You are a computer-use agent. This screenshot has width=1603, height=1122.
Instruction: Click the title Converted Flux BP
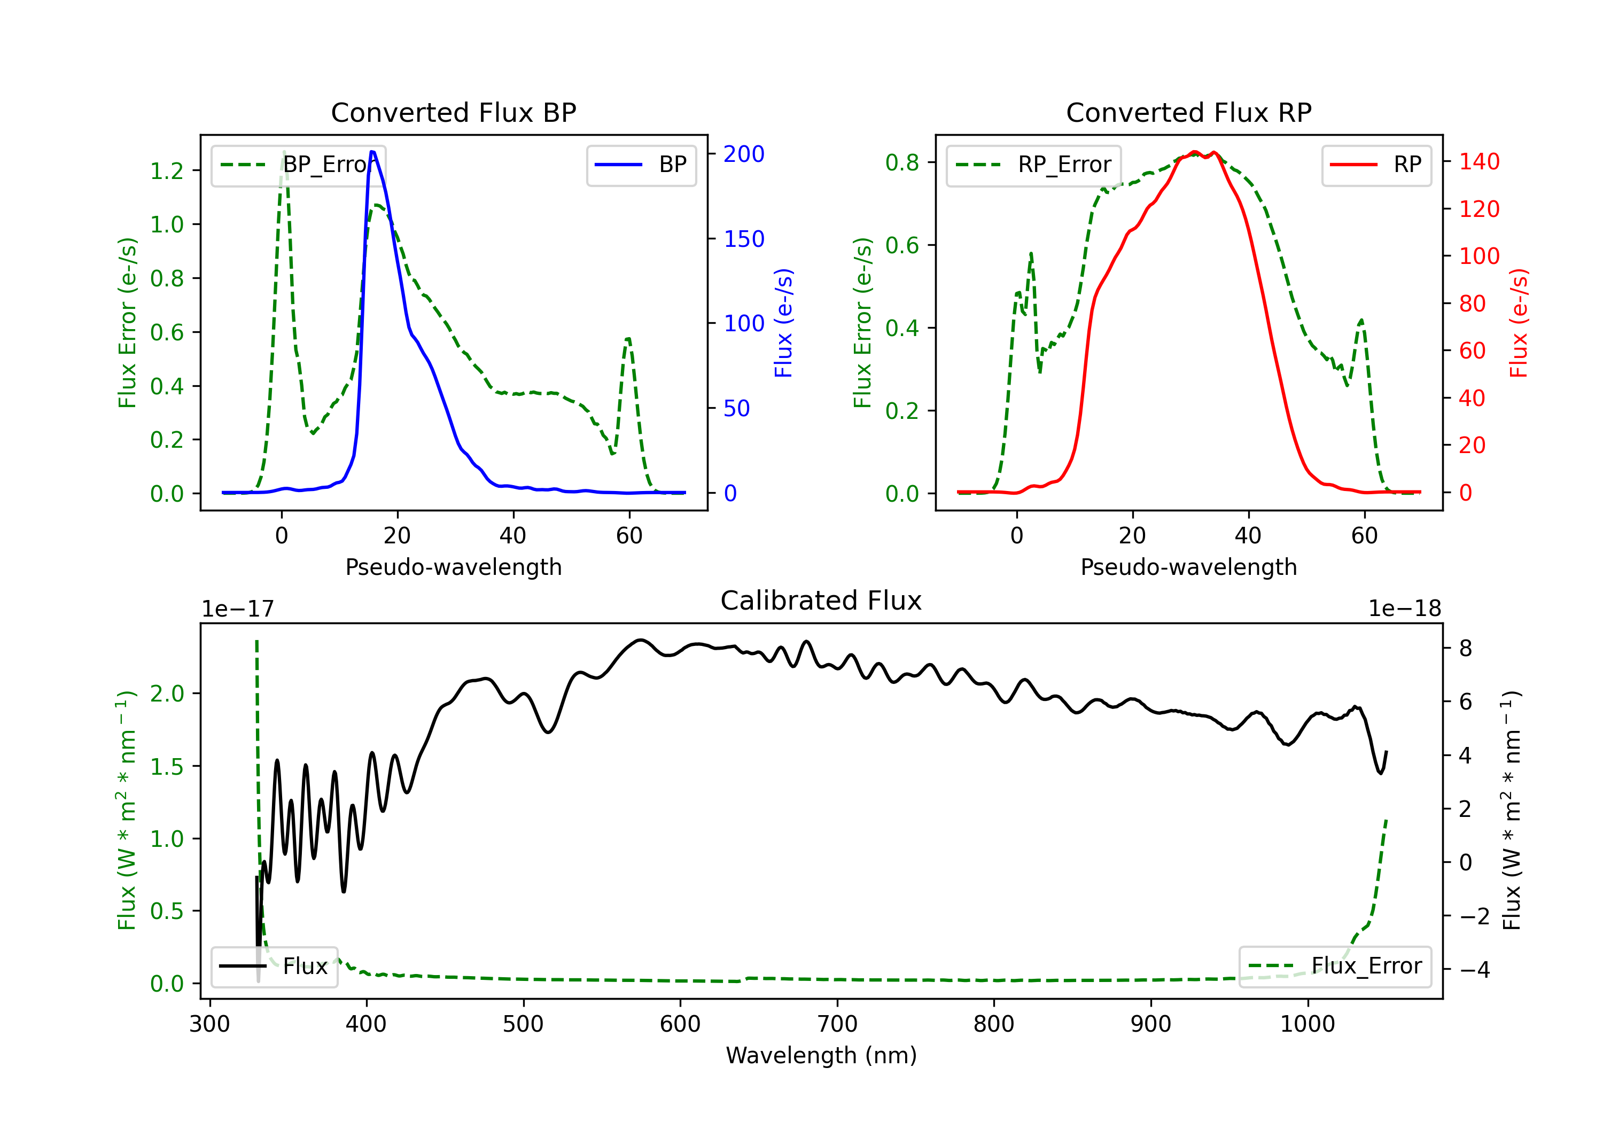[x=453, y=112]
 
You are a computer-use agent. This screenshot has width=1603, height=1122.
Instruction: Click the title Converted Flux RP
[x=1188, y=112]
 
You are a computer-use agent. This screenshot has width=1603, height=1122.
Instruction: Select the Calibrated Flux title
[x=821, y=601]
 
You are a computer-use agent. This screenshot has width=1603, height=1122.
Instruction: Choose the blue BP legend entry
[x=641, y=165]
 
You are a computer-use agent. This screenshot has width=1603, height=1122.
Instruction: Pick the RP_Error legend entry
[x=1033, y=165]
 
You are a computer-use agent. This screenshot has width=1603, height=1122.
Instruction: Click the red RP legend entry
[x=1375, y=165]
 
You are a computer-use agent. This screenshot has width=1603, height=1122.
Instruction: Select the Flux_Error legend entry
[x=1334, y=967]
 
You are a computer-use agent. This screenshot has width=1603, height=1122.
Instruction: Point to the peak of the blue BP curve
[x=372, y=152]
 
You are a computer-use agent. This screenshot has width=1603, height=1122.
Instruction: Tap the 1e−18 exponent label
[x=1405, y=609]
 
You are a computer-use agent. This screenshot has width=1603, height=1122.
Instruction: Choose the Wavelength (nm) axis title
[x=821, y=1055]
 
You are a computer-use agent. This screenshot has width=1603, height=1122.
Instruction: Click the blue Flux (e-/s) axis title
[x=783, y=323]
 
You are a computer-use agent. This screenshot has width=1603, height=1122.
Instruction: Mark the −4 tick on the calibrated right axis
[x=1475, y=970]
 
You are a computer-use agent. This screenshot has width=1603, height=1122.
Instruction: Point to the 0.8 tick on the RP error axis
[x=902, y=162]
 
